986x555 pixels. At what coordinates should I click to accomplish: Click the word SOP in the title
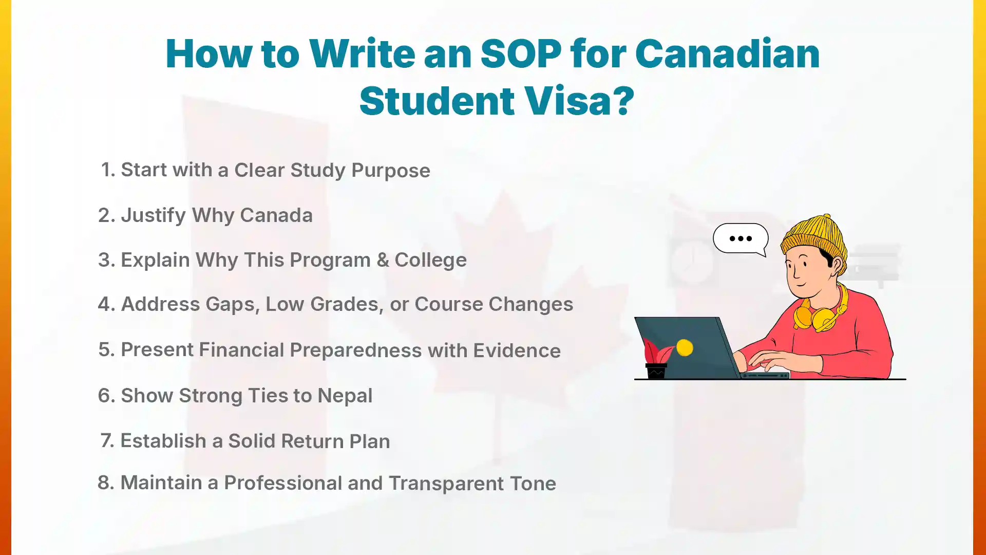pos(520,53)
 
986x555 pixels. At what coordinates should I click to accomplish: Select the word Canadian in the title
pos(727,53)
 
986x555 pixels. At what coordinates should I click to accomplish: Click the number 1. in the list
pos(108,170)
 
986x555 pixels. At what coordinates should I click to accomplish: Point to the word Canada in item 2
pos(276,215)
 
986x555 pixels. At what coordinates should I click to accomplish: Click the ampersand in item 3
pos(383,260)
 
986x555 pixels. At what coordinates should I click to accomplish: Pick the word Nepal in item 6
pos(345,396)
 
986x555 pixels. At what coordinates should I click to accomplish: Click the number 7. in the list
pos(107,441)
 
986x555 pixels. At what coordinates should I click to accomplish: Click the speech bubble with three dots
pos(741,238)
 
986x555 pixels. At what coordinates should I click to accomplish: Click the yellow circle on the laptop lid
pos(685,348)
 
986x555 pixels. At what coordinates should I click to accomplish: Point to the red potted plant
pos(656,360)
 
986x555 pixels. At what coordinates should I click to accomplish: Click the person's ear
pos(837,265)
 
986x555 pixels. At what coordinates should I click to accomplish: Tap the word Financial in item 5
pos(241,350)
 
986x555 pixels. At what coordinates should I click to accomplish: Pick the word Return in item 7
pos(312,441)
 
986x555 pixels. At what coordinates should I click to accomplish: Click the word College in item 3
pos(430,260)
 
